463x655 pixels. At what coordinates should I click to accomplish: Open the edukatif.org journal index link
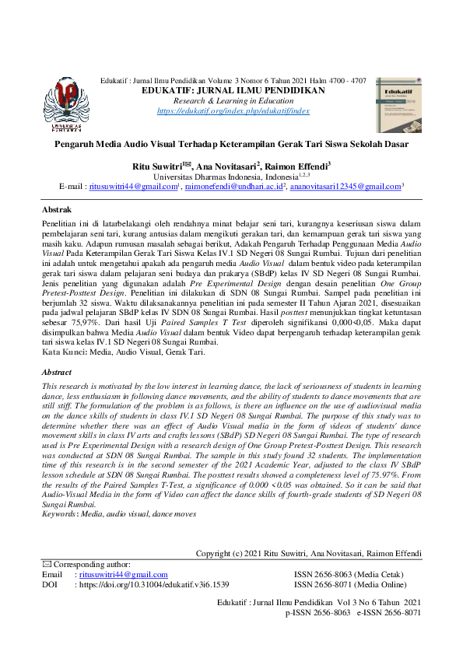233,111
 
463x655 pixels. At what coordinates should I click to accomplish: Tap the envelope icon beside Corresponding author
46,564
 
